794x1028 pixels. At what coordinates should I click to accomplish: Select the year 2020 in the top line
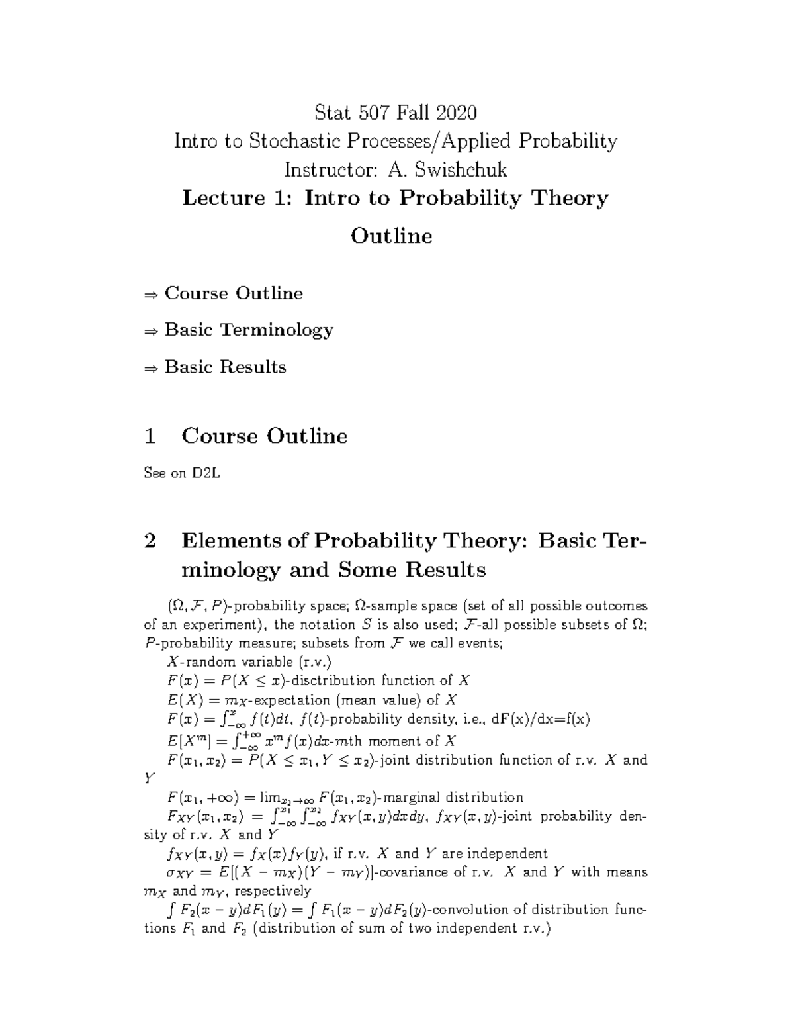coord(456,113)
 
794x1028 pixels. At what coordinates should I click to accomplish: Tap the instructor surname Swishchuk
coord(461,170)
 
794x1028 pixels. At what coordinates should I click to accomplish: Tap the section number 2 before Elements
coord(150,541)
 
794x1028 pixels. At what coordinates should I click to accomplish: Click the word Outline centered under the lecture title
coord(391,236)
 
